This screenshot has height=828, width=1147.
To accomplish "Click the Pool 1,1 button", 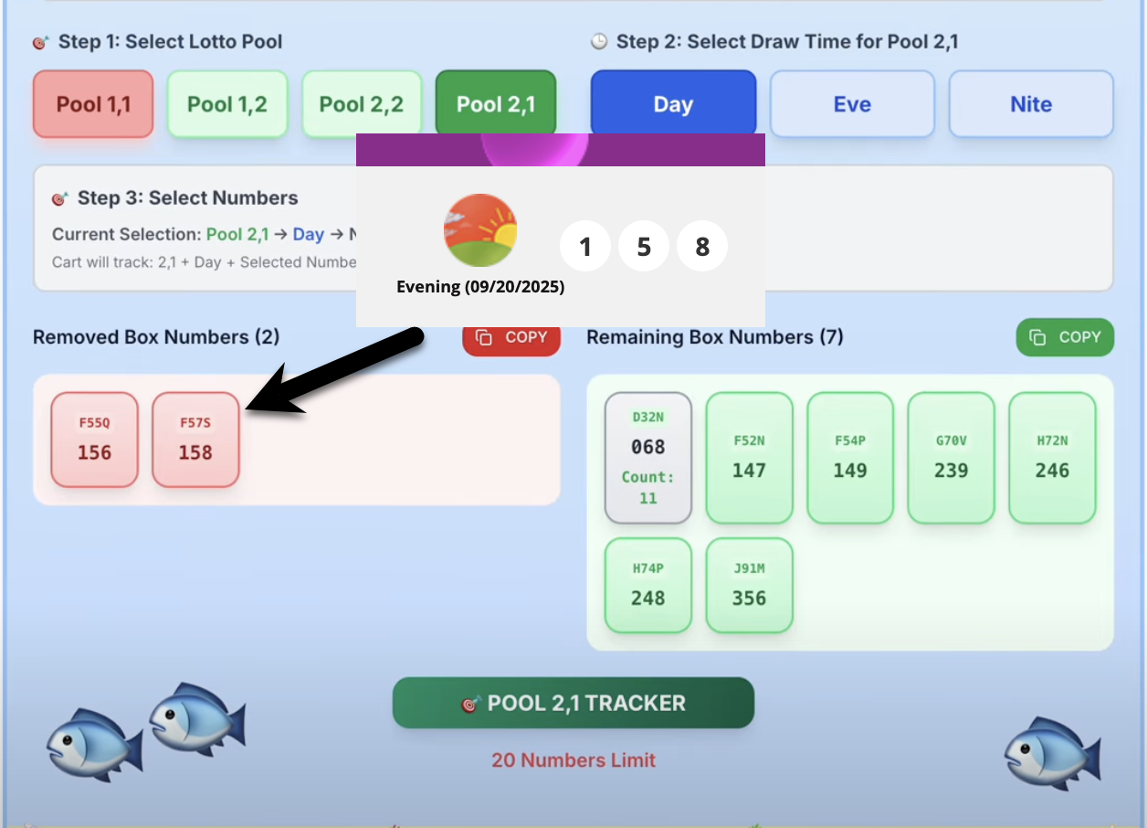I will tap(93, 104).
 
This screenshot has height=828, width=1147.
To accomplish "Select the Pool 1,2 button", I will tap(227, 104).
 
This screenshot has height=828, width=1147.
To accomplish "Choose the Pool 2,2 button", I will tap(362, 104).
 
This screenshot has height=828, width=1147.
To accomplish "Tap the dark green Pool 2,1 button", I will tap(496, 104).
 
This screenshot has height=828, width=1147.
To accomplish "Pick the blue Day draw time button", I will tap(673, 104).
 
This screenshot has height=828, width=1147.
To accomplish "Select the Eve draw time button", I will tap(852, 104).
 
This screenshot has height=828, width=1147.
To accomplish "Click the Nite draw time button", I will tap(1031, 104).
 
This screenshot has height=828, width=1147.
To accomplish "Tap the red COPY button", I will tap(511, 337).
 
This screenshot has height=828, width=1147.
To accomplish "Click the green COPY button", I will tap(1065, 337).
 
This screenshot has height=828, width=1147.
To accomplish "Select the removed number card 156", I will tap(95, 440).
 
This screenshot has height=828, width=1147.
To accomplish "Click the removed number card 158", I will tap(195, 440).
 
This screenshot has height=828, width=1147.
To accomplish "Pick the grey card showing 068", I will tap(648, 458).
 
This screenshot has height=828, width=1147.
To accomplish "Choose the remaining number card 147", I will tap(749, 458).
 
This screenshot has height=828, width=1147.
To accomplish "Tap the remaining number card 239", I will tap(951, 458).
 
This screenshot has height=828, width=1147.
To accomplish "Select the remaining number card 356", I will tap(749, 586).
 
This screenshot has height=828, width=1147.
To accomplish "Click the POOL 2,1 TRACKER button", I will tap(573, 703).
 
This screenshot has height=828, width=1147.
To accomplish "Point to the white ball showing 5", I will tap(644, 247).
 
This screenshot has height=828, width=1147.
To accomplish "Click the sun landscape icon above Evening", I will tap(480, 230).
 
